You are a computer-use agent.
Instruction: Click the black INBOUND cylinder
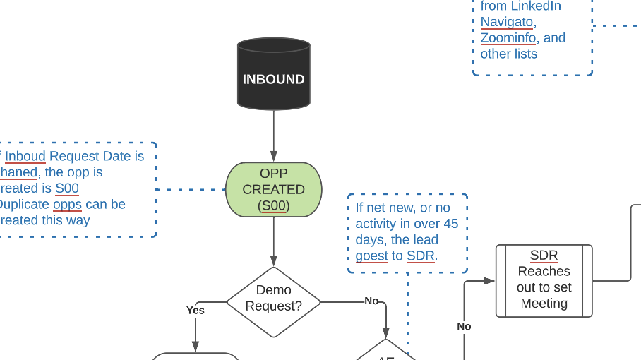tap(273, 75)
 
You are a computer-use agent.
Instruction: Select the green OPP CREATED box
tap(273, 189)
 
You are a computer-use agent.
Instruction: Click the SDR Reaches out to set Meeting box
tap(544, 281)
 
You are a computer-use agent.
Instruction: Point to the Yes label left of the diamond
tap(196, 310)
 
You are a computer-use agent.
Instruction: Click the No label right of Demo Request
tap(371, 301)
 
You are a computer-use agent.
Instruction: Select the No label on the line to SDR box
tap(464, 326)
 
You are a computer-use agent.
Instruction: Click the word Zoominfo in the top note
tap(508, 38)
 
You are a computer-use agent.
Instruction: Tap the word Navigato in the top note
tap(506, 22)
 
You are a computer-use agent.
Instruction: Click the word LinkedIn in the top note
tap(536, 6)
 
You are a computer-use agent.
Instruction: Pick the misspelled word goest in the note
tap(371, 256)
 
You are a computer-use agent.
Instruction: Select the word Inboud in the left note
tap(25, 156)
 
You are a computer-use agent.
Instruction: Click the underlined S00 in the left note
tap(67, 188)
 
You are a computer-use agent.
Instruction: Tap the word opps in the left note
tap(67, 204)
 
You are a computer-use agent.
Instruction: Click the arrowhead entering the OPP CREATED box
tap(274, 157)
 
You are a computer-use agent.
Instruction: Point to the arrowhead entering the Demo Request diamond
tap(274, 260)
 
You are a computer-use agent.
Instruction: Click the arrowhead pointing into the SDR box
tap(489, 281)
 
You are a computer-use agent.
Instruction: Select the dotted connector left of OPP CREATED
tap(191, 189)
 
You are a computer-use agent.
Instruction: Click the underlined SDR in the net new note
tap(421, 256)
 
